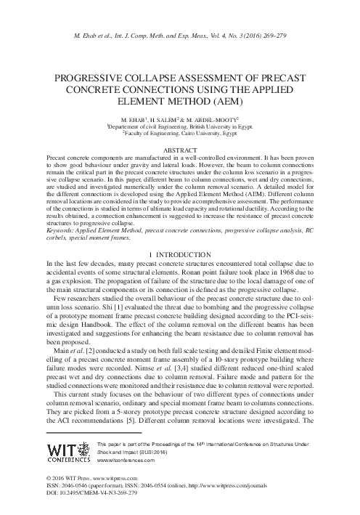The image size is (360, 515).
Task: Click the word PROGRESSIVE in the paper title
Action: pyautogui.click(x=88, y=75)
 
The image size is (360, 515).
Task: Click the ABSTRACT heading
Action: pyautogui.click(x=180, y=150)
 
